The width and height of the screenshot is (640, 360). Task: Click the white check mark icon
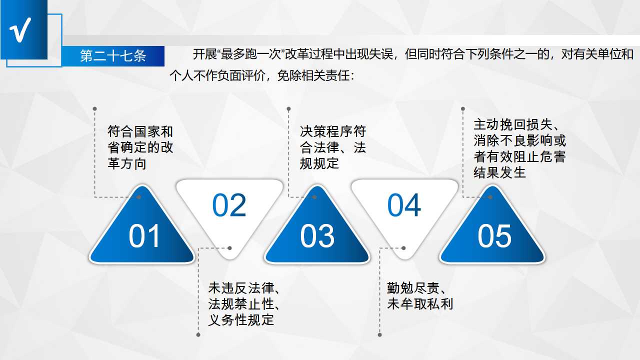coord(20,30)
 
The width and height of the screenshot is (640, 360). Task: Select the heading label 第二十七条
coord(113,55)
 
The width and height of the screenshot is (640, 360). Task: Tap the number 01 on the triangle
coord(144,236)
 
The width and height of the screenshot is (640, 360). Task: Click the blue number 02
coord(229,205)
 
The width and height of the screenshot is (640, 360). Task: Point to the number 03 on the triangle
coord(317,236)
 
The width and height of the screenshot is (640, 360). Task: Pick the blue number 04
coord(404,205)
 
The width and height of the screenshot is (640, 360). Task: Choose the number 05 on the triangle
coord(494,236)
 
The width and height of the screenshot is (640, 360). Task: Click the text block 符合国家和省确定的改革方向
coord(140,147)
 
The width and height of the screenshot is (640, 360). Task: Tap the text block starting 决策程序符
coord(333,147)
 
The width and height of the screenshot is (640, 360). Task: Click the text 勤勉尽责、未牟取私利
coord(420,296)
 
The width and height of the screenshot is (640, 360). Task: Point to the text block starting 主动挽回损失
coord(519,148)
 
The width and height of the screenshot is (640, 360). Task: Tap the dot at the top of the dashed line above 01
coord(95,109)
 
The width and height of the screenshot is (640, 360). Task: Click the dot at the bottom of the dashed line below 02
coord(198,335)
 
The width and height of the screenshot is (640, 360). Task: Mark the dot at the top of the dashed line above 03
coord(288,109)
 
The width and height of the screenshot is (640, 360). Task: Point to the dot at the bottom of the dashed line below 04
coord(379,335)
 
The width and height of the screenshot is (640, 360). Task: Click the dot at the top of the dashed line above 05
coord(463,109)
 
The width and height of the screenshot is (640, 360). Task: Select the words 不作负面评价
coord(229,76)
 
